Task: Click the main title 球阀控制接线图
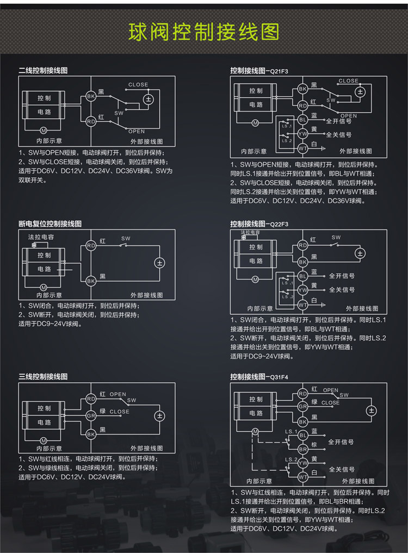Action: tap(203, 32)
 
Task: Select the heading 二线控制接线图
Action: tap(43, 71)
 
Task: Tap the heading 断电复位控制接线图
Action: tap(50, 223)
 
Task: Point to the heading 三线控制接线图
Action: tap(43, 376)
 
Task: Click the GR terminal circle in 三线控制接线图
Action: tap(91, 415)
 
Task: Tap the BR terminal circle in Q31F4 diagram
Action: tap(303, 449)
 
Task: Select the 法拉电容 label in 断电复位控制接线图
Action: tap(41, 237)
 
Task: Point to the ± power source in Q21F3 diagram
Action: tap(359, 92)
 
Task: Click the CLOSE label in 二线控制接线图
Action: tap(138, 85)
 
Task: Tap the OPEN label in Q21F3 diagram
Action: tap(349, 116)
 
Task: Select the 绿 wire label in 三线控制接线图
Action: tap(102, 411)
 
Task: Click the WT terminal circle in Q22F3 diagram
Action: tap(303, 305)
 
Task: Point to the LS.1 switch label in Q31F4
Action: tap(291, 432)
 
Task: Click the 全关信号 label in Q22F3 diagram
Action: tap(342, 290)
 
